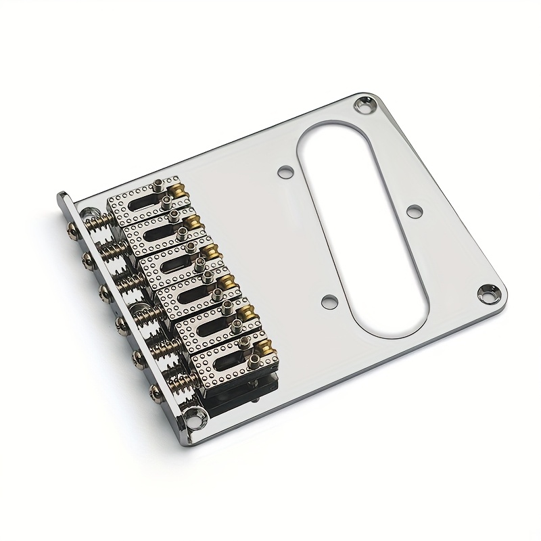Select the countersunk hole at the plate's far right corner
488,291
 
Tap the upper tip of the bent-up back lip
62,196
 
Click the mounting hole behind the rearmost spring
87,212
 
